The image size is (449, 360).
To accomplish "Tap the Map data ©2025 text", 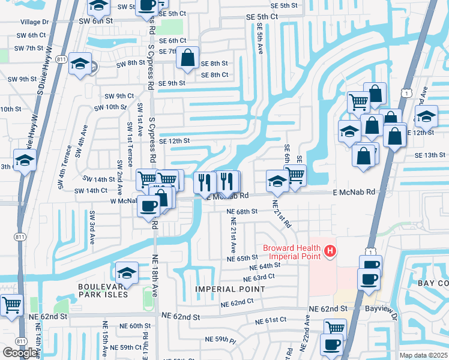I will tap(423, 355).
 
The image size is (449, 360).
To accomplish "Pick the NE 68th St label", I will tap(242, 212).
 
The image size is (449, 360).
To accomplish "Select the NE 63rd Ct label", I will tap(259, 278).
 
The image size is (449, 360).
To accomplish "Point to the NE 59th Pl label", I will tap(220, 340).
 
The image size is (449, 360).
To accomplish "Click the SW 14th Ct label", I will tap(91, 190).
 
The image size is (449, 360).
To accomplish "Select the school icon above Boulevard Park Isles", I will tap(127, 274).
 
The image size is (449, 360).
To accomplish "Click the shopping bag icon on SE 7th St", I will tap(188, 58).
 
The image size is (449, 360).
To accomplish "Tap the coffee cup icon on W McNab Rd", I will tap(148, 206).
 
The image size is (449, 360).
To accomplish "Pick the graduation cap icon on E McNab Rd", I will tap(277, 180).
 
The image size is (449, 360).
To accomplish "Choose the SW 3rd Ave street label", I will tap(92, 226).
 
